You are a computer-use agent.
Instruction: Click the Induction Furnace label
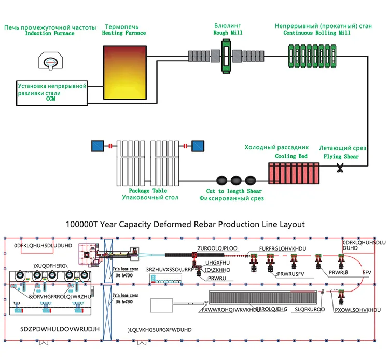(50, 34)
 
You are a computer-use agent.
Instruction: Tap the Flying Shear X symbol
(340, 167)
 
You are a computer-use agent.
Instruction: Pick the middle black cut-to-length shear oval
(236, 180)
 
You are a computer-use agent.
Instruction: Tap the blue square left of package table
(98, 146)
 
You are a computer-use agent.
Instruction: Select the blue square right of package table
(198, 146)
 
